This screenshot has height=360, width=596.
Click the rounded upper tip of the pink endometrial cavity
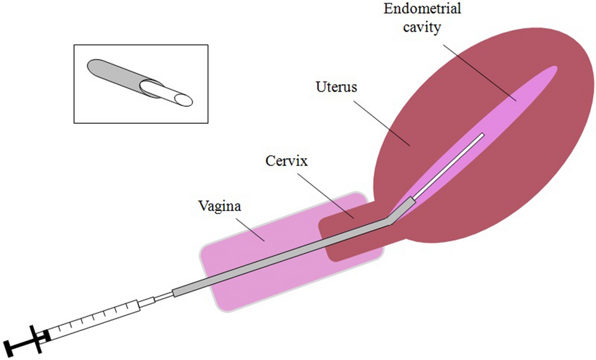554,69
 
